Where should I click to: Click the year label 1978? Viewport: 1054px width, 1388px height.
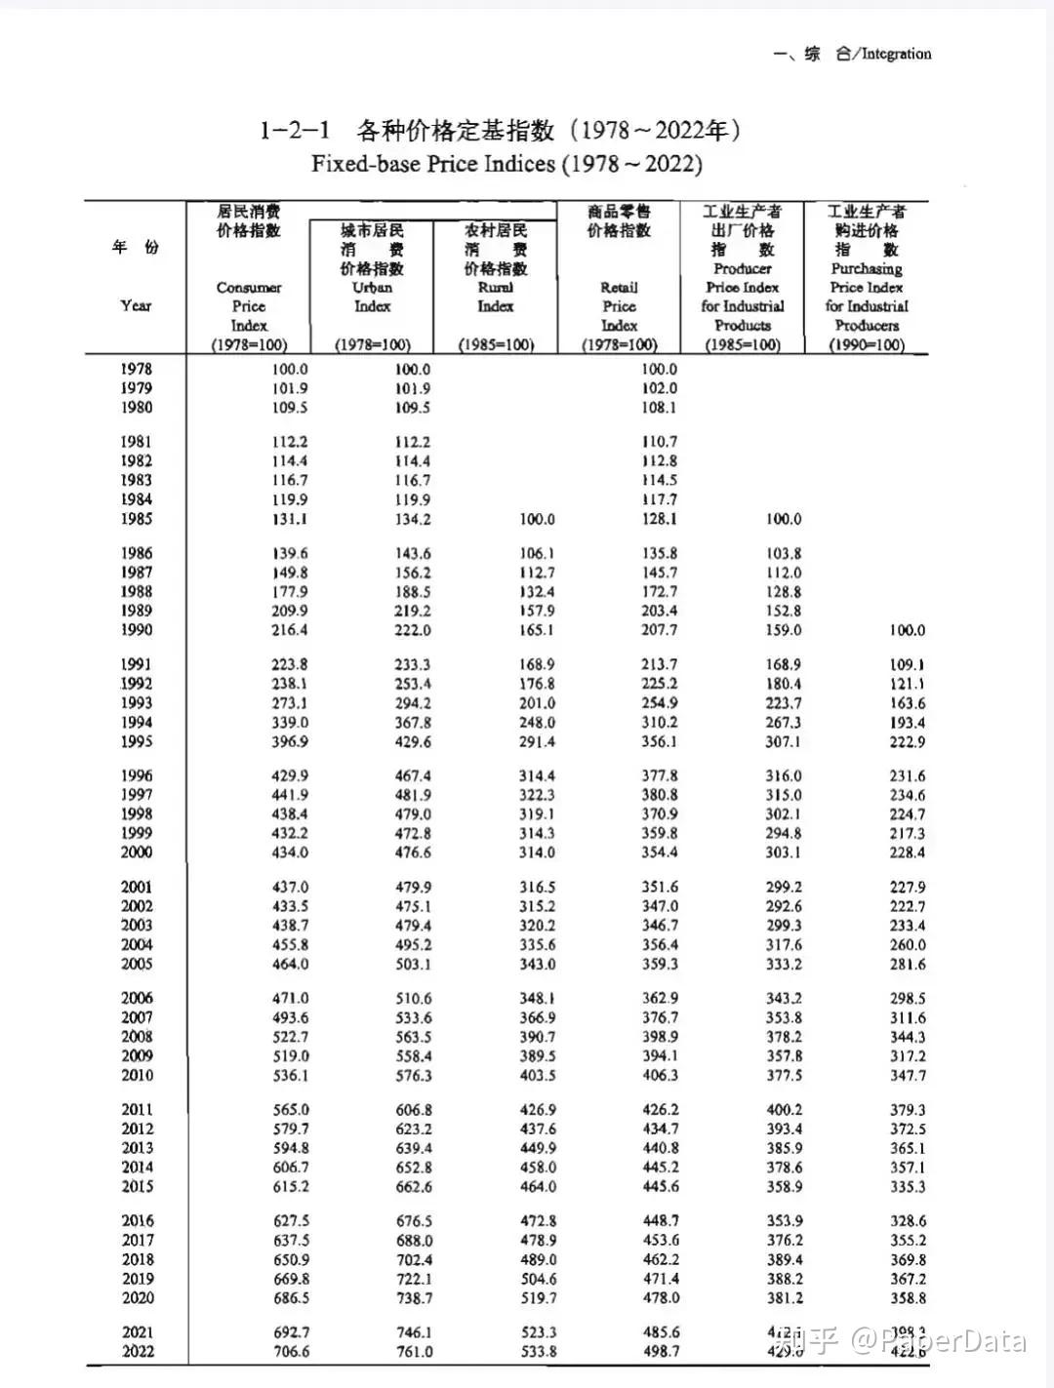point(137,369)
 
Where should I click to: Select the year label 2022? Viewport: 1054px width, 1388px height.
point(138,1351)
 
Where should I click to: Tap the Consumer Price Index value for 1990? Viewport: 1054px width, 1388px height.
point(290,630)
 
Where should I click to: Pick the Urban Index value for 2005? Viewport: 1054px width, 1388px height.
point(413,964)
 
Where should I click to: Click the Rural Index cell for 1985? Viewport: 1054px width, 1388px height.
point(537,519)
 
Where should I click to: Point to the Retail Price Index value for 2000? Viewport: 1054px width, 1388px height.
point(660,853)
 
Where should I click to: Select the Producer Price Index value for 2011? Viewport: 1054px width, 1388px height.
point(784,1109)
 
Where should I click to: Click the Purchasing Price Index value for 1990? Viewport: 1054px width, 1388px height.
point(907,630)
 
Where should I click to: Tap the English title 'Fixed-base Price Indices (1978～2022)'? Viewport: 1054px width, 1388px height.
point(507,163)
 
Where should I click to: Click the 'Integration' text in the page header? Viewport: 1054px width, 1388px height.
point(896,54)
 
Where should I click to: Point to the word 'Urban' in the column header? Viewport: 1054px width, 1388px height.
point(372,287)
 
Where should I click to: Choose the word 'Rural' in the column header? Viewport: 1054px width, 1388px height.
point(495,287)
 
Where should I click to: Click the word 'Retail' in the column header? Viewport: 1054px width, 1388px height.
point(619,287)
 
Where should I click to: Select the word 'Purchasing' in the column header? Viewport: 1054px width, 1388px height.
point(866,268)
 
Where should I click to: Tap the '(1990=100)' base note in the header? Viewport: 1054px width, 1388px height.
point(866,344)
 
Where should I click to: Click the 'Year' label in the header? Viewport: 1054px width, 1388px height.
point(136,305)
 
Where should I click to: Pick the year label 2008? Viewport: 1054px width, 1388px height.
point(137,1036)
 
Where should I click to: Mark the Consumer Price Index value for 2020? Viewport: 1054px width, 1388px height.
point(290,1298)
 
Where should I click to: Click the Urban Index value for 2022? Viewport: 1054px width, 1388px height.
point(414,1351)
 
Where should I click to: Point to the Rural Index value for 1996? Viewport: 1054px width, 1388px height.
point(537,775)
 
